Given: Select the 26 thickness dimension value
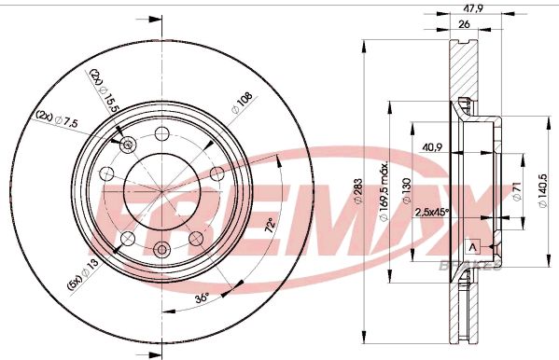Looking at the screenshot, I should pos(464,25).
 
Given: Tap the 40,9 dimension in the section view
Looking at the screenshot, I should pos(432,146).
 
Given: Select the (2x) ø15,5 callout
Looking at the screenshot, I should pos(105,90).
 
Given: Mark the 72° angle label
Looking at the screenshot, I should pos(271,226).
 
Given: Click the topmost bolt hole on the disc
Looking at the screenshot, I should pos(162,131).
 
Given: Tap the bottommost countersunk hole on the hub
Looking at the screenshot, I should pos(162,247).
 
